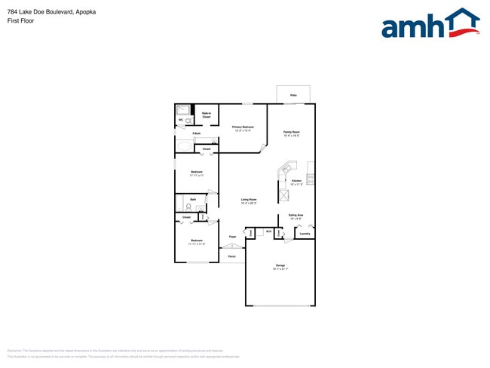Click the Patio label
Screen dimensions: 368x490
[x=293, y=96]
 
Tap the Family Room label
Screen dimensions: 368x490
[x=292, y=133]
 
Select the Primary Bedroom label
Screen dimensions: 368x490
[x=243, y=127]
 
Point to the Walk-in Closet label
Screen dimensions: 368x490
[x=206, y=115]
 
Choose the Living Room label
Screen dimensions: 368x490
[x=249, y=201]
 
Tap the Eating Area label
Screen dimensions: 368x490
[x=296, y=216]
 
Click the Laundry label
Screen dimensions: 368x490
[x=305, y=234]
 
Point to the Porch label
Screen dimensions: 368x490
[x=231, y=256]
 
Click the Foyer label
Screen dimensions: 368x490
[x=232, y=237]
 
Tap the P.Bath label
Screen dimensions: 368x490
[x=196, y=133]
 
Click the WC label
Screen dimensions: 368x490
[x=180, y=120]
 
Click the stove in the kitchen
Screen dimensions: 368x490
[x=311, y=179]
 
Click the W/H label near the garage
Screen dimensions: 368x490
[x=268, y=231]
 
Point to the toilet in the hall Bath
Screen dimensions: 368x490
[x=188, y=206]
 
